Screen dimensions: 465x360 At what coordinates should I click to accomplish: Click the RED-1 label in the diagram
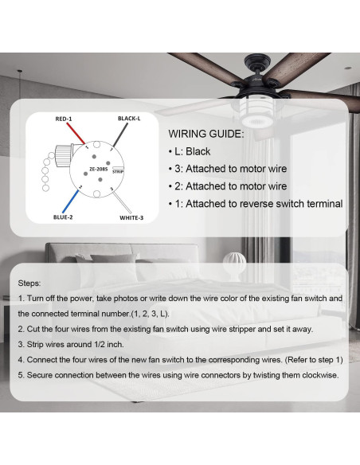(x=64, y=119)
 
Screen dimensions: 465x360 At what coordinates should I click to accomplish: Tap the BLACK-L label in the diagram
(x=129, y=119)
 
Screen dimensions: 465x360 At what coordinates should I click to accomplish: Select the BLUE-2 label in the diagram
(x=63, y=217)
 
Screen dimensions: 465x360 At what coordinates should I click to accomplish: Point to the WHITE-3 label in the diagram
(x=131, y=217)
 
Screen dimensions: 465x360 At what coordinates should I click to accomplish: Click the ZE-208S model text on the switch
(x=98, y=169)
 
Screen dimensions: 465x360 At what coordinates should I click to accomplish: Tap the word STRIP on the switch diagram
(x=118, y=170)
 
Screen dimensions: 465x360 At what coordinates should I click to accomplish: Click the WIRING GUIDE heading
(x=206, y=134)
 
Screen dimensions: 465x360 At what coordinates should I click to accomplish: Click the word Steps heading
(x=31, y=283)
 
